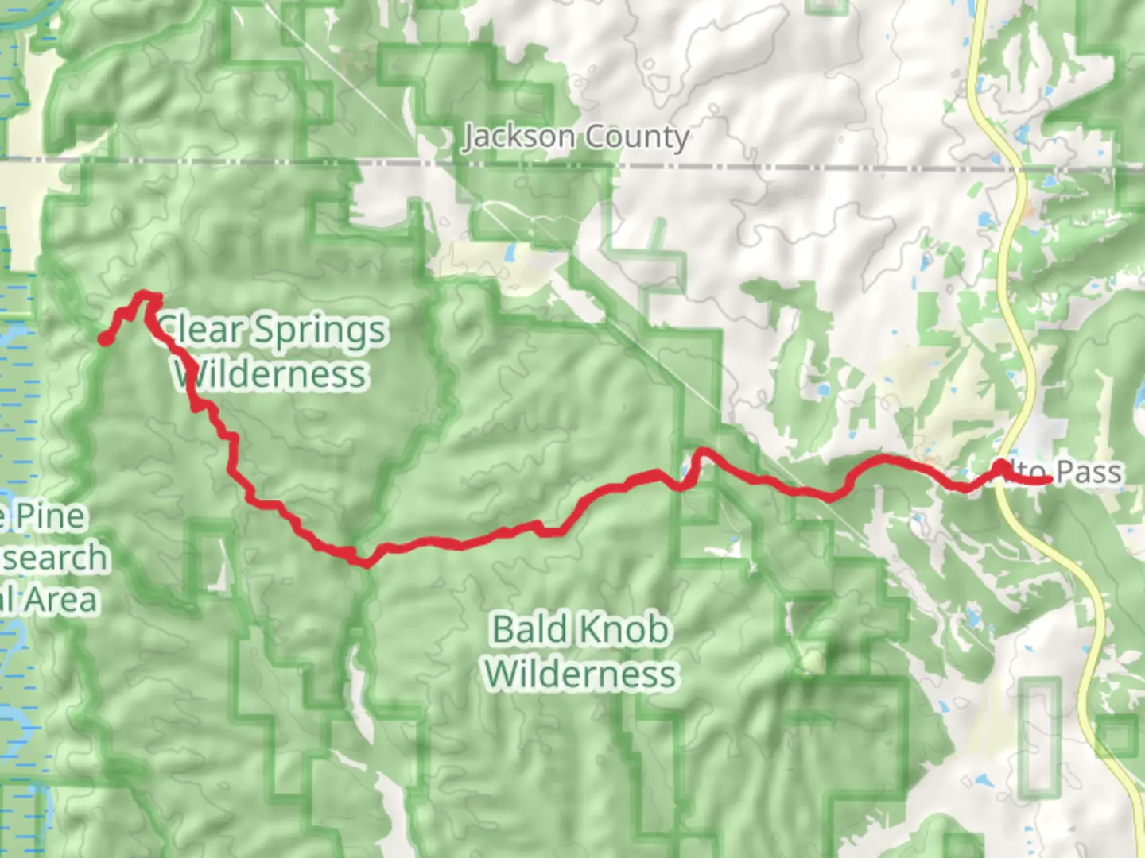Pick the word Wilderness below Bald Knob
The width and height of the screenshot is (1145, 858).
pos(581,674)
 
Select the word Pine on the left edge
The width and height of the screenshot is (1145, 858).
pos(51,516)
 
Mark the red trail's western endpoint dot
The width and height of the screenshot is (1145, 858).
pos(104,340)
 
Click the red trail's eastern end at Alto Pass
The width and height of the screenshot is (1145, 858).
pos(1050,479)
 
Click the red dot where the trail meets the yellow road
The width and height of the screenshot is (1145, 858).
pos(999,466)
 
